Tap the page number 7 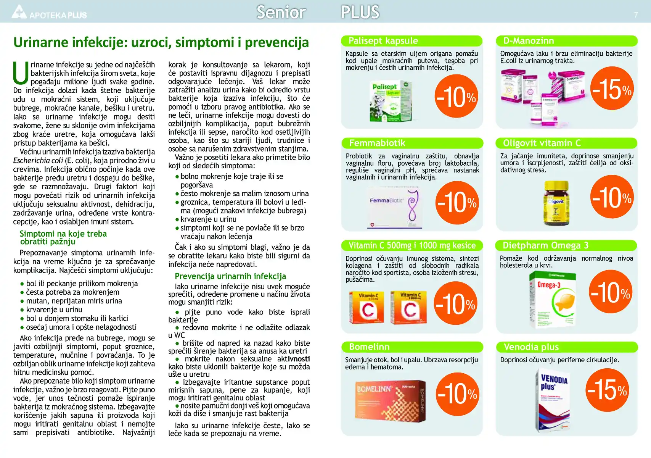[x=636, y=15]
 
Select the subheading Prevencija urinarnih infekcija [x=230, y=276]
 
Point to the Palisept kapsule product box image [x=391, y=101]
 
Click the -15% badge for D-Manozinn [x=612, y=89]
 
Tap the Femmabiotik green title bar [x=412, y=143]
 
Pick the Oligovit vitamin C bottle [x=556, y=203]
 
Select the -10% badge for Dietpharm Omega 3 [x=611, y=292]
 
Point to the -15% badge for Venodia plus [x=607, y=390]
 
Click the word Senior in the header [x=281, y=12]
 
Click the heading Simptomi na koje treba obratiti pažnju [x=63, y=237]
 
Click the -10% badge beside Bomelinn [x=457, y=393]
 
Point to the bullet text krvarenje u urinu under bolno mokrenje [x=208, y=219]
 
